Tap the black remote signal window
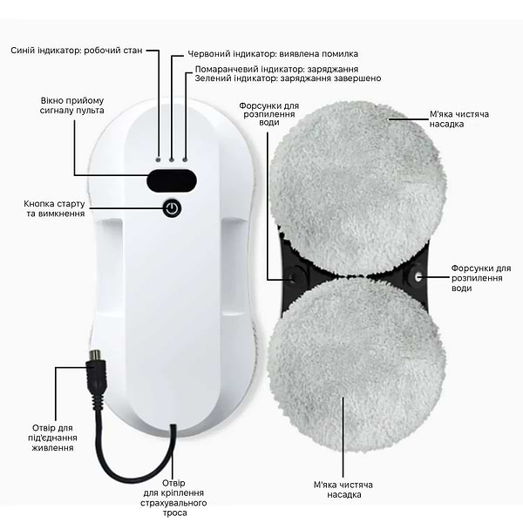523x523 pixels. tap(171, 180)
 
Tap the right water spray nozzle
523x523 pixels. tap(417, 275)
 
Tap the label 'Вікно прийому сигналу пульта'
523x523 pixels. tap(72, 105)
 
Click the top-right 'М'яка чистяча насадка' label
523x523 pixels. tap(458, 119)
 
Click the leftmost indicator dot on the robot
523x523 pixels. tap(159, 160)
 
